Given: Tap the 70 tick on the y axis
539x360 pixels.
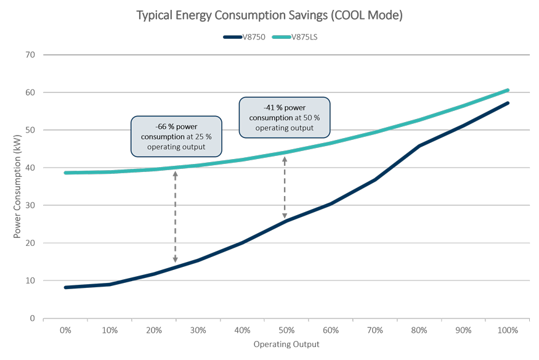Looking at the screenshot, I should (30, 55).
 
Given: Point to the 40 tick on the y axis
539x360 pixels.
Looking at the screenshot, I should (30, 168).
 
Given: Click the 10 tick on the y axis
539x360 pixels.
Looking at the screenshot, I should (30, 280).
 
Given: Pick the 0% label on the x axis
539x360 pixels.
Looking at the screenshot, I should (65, 330).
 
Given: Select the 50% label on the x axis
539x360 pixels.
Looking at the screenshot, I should (286, 330).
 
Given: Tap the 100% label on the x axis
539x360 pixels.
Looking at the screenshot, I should (508, 330).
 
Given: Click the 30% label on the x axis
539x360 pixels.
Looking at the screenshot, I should (198, 330).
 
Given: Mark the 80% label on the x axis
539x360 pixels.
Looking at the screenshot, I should (419, 330).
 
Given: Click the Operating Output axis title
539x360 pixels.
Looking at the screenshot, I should (286, 344).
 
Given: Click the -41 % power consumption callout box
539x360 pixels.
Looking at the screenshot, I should (284, 117).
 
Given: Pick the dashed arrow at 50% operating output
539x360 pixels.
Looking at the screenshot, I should (285, 187).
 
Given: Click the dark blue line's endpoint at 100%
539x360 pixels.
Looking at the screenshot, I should (508, 104).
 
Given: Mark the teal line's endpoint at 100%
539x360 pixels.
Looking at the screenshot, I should (508, 90).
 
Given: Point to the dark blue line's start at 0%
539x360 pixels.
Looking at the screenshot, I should (65, 287).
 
